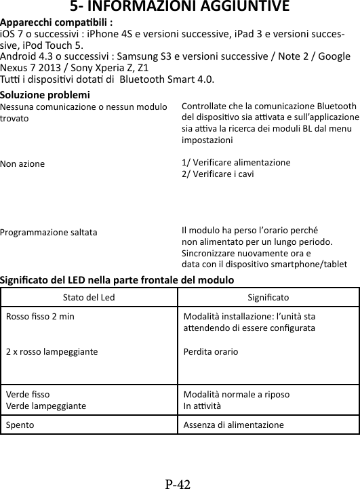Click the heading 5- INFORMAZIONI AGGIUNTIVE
click(179, 7)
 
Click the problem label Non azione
click(23, 163)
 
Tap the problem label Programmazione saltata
click(47, 231)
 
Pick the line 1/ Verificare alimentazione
click(236, 163)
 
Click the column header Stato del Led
click(89, 297)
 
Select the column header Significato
click(268, 297)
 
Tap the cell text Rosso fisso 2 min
click(41, 316)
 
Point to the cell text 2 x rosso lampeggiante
click(52, 352)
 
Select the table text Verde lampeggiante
click(46, 406)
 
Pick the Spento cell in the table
click(21, 425)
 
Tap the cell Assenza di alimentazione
click(234, 425)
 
